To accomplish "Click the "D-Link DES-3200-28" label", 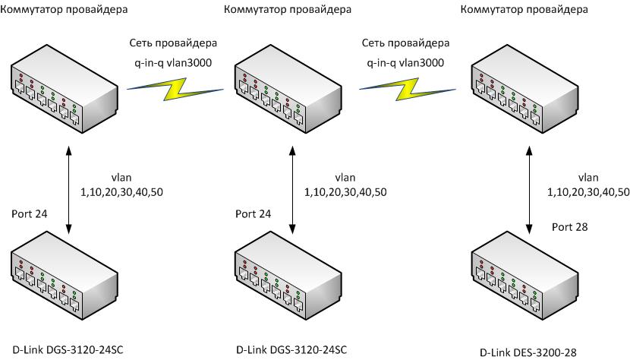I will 528,352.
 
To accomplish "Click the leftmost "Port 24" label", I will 30,214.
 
